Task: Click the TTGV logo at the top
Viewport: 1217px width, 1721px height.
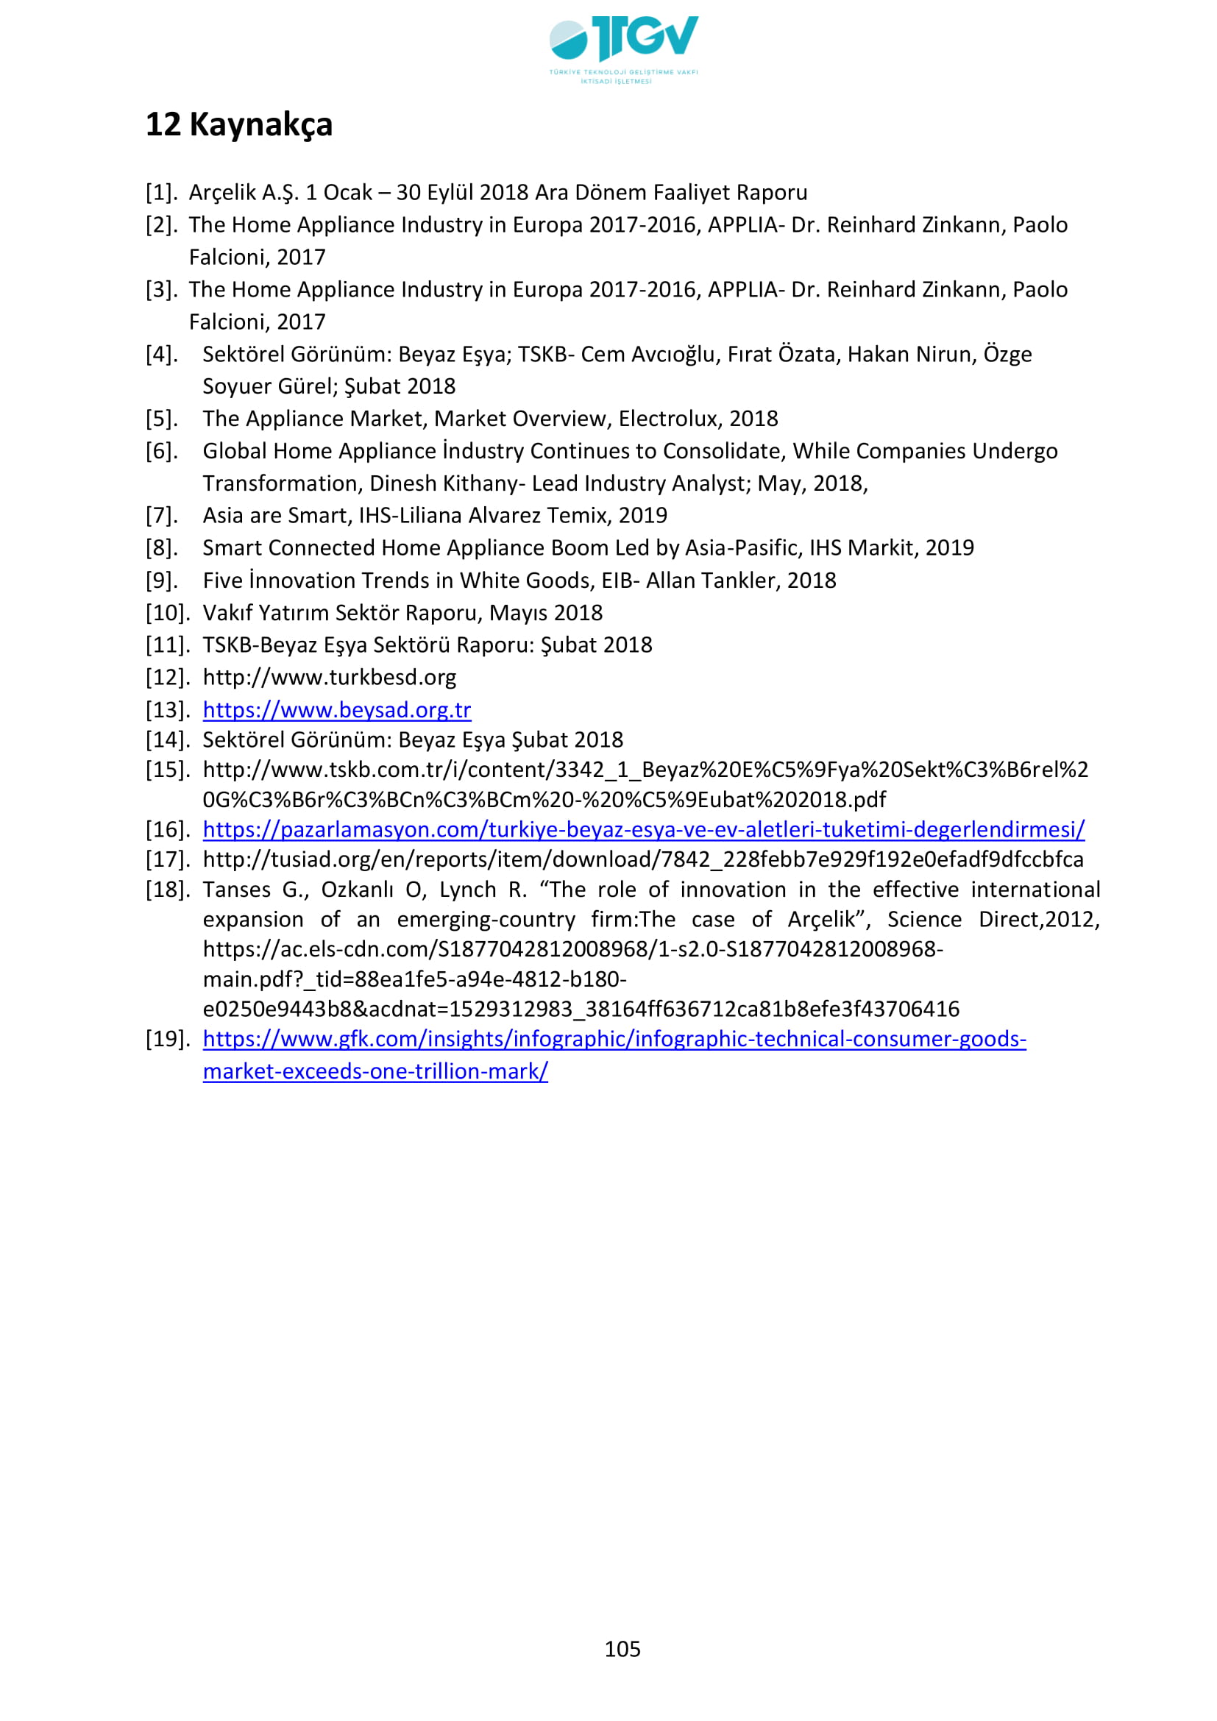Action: coord(623,46)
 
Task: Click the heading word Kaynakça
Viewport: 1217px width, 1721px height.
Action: coord(260,125)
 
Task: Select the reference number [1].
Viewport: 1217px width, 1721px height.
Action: coord(161,194)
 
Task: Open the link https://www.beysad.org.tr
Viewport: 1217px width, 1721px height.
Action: coord(336,710)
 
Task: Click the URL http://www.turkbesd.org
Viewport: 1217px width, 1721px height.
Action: coord(329,678)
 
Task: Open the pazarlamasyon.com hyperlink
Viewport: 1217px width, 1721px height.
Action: coord(643,830)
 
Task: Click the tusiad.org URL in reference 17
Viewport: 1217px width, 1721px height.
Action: coord(643,859)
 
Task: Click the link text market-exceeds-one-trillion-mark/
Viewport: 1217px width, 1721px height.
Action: coord(375,1072)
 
